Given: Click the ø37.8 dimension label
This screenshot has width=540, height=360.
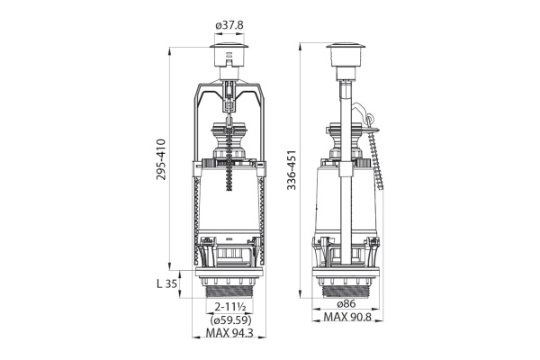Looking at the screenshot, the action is coord(229,25).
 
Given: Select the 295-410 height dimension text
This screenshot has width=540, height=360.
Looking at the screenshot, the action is coord(161,159).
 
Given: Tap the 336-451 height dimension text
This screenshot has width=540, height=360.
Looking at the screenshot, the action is coord(292,170).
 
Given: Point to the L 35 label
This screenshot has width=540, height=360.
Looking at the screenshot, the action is coord(167,283).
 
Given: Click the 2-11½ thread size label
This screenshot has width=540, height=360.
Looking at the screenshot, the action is coord(229,307).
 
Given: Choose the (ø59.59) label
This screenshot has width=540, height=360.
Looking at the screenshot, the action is coord(230,320).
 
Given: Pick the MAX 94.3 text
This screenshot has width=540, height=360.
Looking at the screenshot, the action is coord(229,333).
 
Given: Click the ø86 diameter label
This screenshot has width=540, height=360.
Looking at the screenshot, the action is coord(346,304).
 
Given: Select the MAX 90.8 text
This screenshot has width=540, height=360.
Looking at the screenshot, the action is coord(347,317).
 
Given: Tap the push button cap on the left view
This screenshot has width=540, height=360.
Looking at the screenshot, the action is coord(229,55).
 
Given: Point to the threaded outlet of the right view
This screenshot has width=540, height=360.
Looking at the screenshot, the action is coord(346,292).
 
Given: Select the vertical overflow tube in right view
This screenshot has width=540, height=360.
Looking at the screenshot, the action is coord(346,172).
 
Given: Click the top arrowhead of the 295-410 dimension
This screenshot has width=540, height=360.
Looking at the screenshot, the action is coord(169,50).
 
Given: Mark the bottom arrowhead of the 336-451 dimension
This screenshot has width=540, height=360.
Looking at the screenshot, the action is coord(301,295).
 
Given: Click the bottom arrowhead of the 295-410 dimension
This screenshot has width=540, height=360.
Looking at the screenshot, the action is coord(169,266).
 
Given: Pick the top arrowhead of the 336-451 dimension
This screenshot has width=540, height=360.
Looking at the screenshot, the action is coord(301,47).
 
